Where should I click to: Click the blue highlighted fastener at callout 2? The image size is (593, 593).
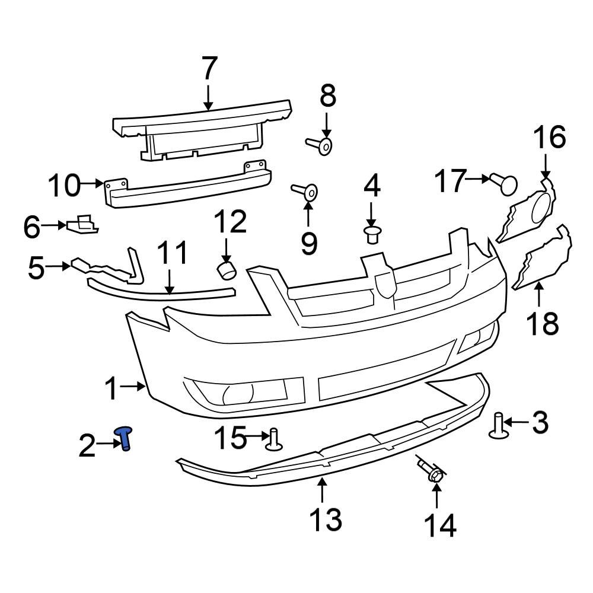point(126,439)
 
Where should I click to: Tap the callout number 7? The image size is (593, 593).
point(209,69)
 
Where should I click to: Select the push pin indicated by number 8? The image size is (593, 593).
point(320,144)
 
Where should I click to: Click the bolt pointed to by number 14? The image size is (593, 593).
point(432,473)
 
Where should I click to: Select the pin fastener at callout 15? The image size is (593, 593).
point(274,440)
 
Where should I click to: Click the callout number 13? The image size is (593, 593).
point(326,519)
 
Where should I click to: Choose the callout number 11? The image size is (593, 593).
point(171,253)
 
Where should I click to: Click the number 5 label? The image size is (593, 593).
point(36,268)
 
